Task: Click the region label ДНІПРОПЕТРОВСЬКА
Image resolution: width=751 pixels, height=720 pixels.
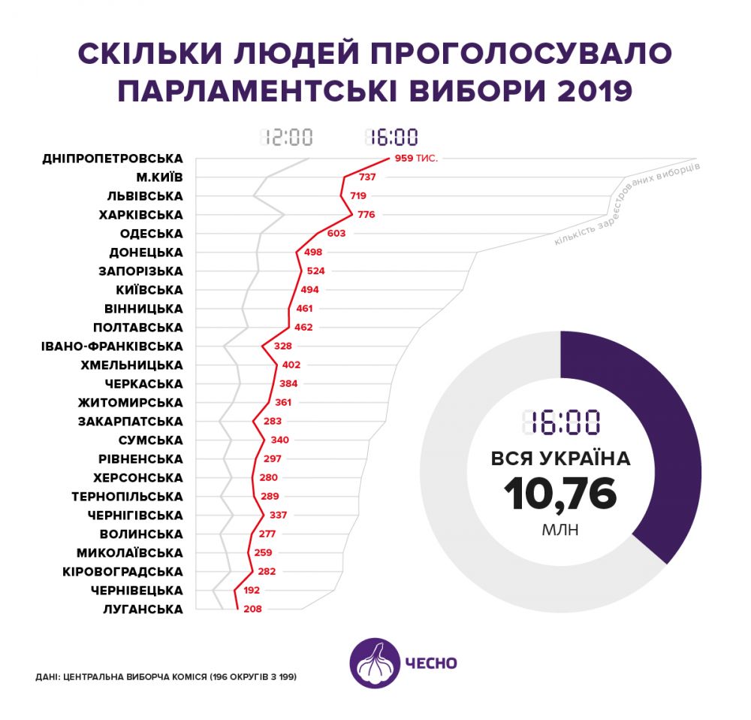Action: coord(113,159)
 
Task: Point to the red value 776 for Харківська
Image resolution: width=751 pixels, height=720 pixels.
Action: coord(366,215)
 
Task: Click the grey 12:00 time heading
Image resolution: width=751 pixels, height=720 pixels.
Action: coord(286,138)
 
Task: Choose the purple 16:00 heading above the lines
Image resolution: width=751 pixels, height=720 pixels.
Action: coord(391,138)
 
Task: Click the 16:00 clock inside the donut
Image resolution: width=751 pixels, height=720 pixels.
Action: coord(560,423)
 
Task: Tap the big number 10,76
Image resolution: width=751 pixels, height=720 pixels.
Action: coord(560,494)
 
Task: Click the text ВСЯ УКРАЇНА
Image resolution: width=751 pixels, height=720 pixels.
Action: coord(560,458)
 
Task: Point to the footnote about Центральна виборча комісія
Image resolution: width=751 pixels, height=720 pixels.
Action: coord(166,677)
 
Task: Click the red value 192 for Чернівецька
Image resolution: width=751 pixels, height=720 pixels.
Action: coord(252,591)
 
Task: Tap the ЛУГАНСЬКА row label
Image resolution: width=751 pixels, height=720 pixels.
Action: coord(143,610)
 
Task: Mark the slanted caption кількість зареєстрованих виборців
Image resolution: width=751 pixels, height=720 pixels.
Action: coord(627,204)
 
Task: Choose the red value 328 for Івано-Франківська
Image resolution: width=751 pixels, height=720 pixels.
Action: coord(283,346)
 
